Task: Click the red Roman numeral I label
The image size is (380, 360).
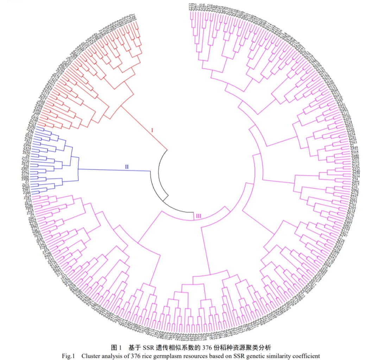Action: coord(152,131)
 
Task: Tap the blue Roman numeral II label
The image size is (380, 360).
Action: coord(127,167)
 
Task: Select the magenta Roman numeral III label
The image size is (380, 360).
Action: coord(198,216)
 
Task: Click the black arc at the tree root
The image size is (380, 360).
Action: coord(159,176)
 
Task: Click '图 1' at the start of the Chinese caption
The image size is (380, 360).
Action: coord(116,348)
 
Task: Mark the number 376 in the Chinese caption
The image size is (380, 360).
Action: coord(206,348)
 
